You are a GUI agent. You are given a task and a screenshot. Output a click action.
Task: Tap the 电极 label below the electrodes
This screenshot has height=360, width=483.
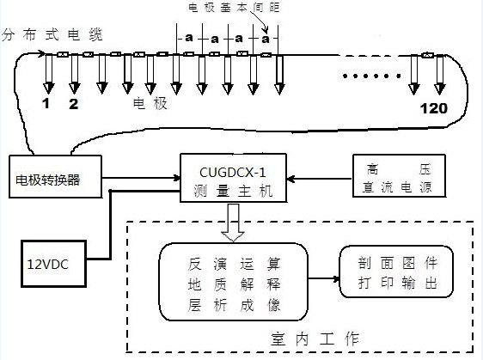[x=144, y=104]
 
